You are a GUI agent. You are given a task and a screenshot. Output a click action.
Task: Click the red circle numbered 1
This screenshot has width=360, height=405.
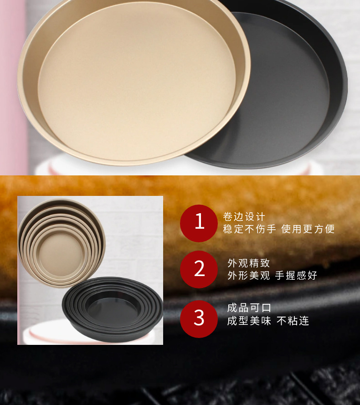click(199, 223)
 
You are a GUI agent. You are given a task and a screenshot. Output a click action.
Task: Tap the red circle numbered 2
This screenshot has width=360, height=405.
click(199, 269)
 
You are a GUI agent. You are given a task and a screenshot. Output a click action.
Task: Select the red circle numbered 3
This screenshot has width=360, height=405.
click(199, 318)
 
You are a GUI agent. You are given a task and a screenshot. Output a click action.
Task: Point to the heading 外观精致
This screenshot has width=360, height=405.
click(249, 263)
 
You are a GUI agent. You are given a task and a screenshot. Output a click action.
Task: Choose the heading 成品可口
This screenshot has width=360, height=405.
click(249, 308)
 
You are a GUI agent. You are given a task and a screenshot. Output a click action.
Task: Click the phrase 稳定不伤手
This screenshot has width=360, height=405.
click(249, 229)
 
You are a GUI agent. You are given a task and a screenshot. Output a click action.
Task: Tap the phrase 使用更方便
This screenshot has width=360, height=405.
click(308, 229)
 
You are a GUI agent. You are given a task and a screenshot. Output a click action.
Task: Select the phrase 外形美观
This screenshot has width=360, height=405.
click(249, 276)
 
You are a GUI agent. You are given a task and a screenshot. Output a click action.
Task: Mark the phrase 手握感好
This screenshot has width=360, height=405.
click(296, 276)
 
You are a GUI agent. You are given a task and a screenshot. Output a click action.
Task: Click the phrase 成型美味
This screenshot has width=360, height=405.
click(249, 321)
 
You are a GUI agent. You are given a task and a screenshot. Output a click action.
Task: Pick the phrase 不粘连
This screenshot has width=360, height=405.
click(293, 321)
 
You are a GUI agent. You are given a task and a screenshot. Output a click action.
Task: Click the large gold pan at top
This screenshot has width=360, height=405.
click(132, 77)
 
